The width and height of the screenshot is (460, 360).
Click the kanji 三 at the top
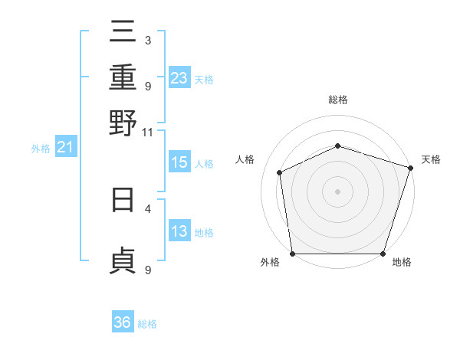coord(123,31)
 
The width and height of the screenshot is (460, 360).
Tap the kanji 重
coord(123,77)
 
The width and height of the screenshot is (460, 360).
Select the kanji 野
coord(123,123)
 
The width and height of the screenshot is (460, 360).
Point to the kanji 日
coord(123,198)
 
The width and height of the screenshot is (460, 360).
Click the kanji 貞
coord(123,260)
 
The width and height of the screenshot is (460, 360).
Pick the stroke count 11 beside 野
coord(148,132)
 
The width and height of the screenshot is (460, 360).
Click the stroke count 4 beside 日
coord(147,208)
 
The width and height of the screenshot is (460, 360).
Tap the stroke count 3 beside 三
coord(147,40)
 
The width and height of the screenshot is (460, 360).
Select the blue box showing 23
coord(179,78)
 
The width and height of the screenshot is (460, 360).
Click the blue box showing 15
coord(179,162)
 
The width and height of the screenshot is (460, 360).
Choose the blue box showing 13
coord(179,232)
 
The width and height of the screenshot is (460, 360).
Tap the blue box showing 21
coord(64,148)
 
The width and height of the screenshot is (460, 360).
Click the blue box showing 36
coord(122,323)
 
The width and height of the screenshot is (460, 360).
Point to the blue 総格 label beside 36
coord(147,324)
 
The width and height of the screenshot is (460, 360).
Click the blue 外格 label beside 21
coord(41,149)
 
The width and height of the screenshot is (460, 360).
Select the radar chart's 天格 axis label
coord(431,159)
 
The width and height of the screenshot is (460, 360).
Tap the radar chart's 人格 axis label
coord(245,159)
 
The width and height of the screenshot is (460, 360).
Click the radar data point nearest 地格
coord(383,254)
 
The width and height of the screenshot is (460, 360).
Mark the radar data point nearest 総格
coord(337,146)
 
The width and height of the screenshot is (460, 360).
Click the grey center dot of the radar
coord(337,191)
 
